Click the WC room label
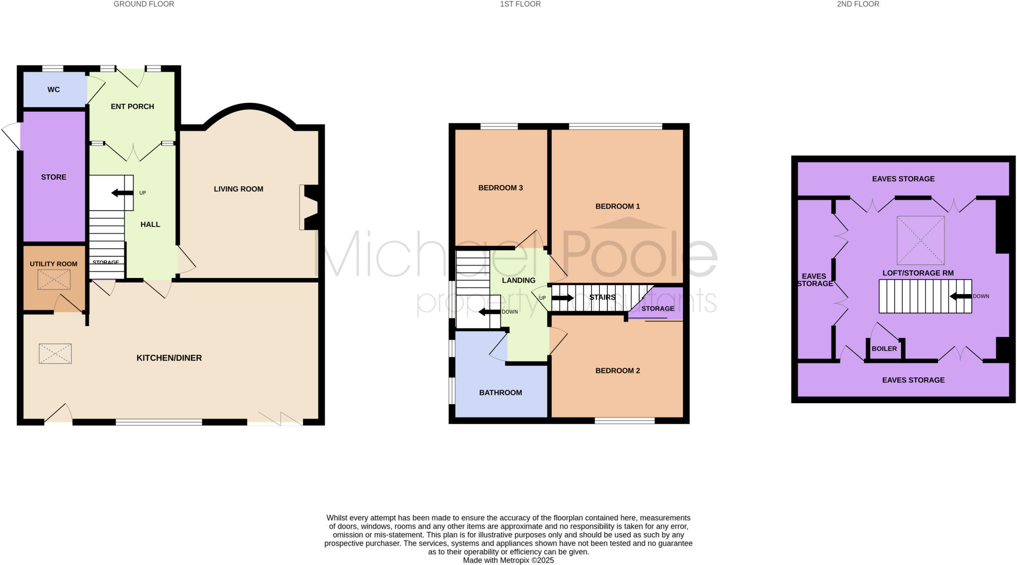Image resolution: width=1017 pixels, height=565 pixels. click(54, 90)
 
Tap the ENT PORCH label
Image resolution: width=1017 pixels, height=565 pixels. click(132, 107)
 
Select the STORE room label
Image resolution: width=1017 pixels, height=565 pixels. click(54, 177)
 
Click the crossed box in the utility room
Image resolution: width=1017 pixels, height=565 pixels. click(54, 280)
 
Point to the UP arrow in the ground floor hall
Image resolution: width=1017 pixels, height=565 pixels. click(122, 193)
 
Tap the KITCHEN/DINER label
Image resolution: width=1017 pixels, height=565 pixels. click(169, 358)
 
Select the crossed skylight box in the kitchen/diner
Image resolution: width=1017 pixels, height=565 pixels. click(55, 353)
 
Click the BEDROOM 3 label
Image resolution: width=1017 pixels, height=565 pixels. click(500, 188)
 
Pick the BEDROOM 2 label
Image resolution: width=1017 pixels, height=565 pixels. click(617, 371)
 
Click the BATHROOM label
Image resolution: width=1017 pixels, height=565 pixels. click(500, 393)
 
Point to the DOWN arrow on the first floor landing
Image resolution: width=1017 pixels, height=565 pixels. click(489, 312)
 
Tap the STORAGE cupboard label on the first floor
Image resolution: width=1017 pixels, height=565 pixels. click(657, 309)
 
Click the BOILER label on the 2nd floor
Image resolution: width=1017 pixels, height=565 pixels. click(884, 349)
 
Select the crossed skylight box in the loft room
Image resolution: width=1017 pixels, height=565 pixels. click(920, 240)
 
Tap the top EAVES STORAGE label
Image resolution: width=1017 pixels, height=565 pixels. click(903, 179)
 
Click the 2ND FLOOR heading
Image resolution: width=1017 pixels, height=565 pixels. click(858, 4)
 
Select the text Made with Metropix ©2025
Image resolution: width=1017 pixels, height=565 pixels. click(508, 561)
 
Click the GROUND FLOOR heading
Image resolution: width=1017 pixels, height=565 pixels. click(144, 4)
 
